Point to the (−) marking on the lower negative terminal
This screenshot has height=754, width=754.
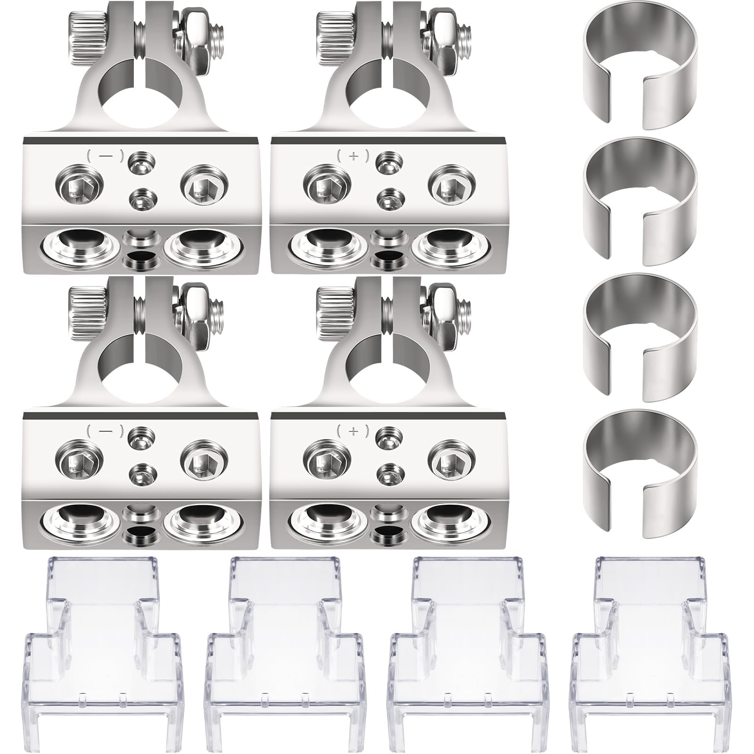(x=104, y=430)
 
